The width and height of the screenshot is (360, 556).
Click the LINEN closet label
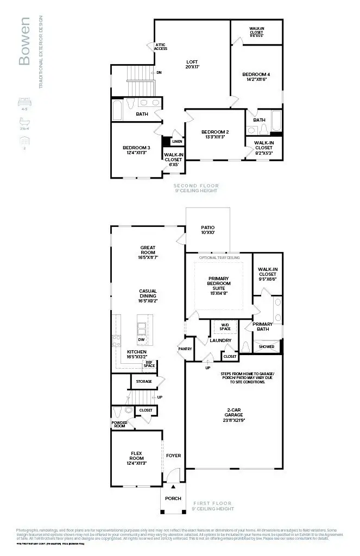(x=177, y=142)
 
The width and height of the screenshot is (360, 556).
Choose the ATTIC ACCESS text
(x=161, y=47)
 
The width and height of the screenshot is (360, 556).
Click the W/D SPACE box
(x=225, y=327)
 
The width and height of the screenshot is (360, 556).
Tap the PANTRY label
(x=185, y=349)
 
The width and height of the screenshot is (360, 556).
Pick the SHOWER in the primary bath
(x=267, y=346)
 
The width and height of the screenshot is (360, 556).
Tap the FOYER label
(x=174, y=456)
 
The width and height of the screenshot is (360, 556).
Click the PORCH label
(x=174, y=498)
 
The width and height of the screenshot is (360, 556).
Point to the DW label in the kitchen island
(x=141, y=339)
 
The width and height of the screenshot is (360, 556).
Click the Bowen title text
(x=24, y=41)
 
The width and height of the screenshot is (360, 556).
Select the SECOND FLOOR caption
(x=195, y=186)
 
